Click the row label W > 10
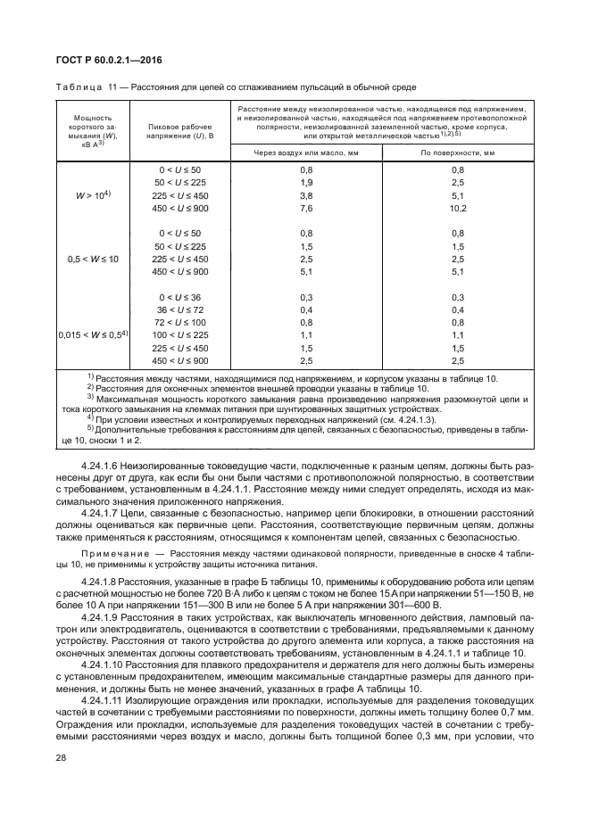pyautogui.click(x=91, y=194)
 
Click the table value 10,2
pyautogui.click(x=458, y=207)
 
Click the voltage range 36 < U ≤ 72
pyautogui.click(x=180, y=309)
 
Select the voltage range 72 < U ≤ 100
pyautogui.click(x=180, y=321)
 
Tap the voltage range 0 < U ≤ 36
pyautogui.click(x=180, y=296)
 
